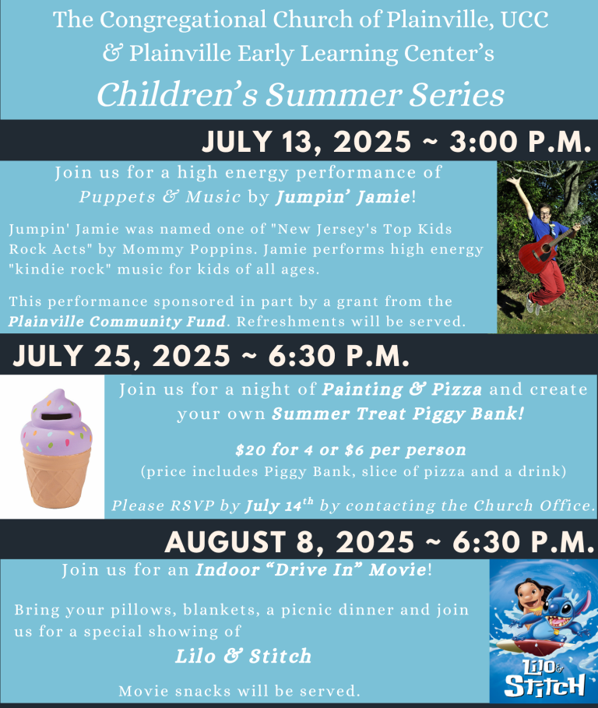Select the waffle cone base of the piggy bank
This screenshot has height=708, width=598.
tap(56, 479)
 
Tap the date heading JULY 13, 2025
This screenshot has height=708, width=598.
tap(307, 141)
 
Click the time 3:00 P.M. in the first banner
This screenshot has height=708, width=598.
tap(520, 141)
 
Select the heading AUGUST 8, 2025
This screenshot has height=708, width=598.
tap(290, 542)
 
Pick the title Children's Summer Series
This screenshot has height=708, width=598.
tap(301, 94)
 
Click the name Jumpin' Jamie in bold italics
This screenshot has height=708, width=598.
tap(343, 197)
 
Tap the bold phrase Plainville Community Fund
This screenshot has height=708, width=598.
tap(117, 321)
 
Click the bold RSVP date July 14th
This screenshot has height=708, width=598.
tap(279, 505)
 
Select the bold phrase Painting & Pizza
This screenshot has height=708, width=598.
tap(402, 389)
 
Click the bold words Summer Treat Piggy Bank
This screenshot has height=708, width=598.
tap(398, 414)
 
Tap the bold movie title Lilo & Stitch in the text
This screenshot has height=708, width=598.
tap(243, 656)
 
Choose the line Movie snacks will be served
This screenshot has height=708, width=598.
tap(239, 691)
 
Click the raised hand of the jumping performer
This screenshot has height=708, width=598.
tap(513, 183)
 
